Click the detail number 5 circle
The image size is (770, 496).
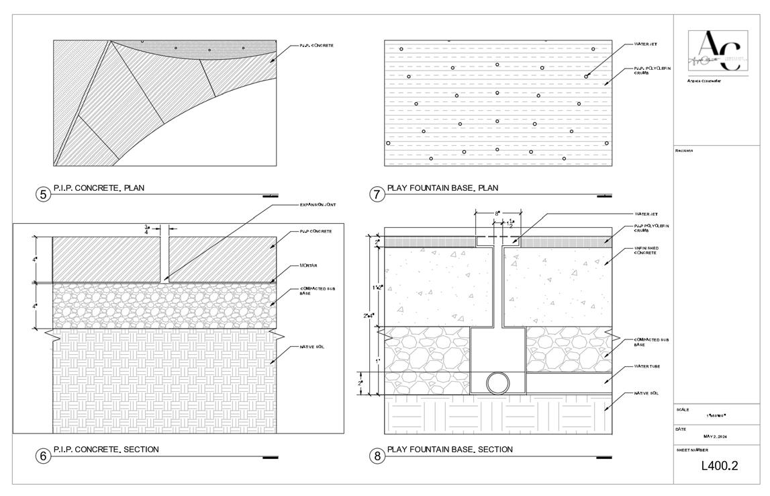(x=43, y=195)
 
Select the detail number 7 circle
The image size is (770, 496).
(x=377, y=195)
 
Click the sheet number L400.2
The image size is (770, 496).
(x=720, y=465)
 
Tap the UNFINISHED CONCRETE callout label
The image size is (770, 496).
(x=645, y=251)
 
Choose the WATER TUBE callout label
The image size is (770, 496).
(x=647, y=367)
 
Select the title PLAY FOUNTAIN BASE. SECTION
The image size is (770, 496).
(x=450, y=450)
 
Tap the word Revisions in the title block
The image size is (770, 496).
(x=684, y=151)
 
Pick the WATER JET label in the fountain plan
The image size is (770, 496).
(x=645, y=44)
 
